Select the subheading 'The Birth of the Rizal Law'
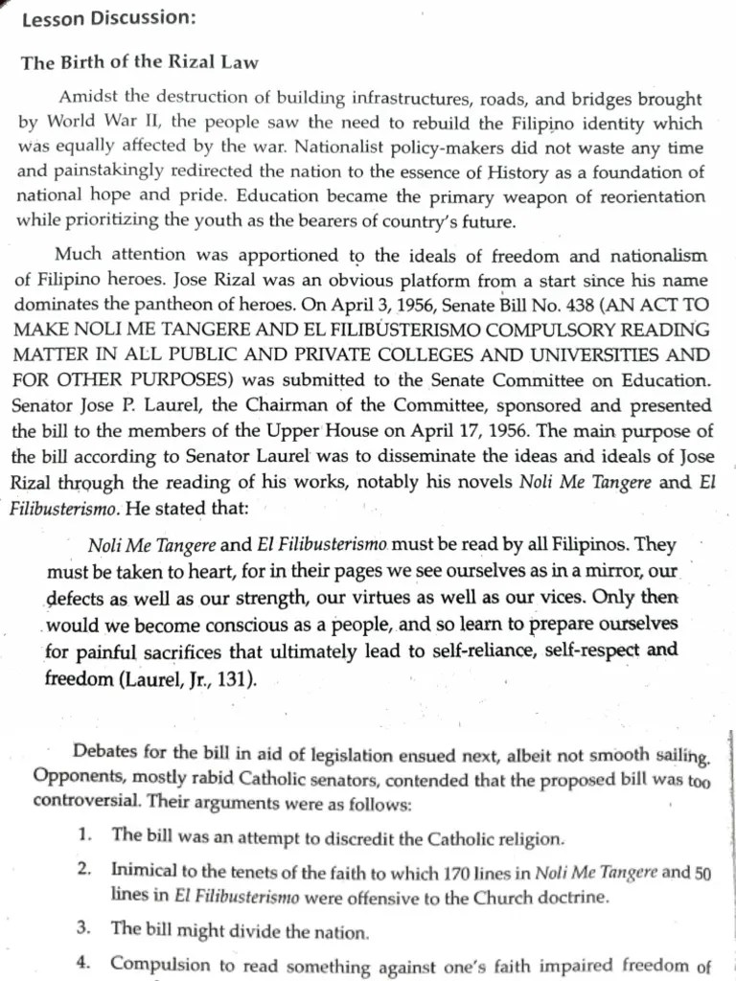point(140,63)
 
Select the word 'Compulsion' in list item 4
point(157,966)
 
